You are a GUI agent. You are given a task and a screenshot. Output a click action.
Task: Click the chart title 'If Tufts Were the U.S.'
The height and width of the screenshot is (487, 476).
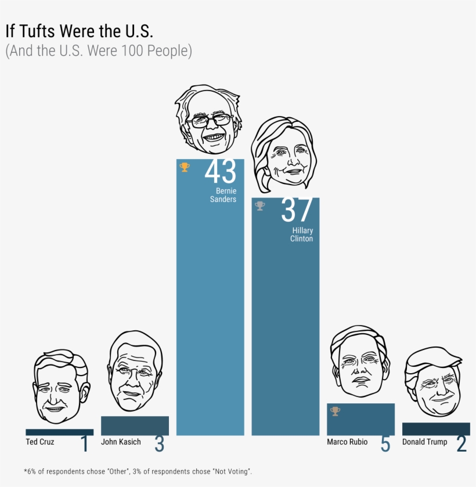(79, 31)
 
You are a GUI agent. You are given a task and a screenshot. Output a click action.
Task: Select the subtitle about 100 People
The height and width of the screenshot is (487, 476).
(98, 51)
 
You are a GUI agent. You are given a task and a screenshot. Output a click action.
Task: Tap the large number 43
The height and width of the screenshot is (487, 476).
(221, 172)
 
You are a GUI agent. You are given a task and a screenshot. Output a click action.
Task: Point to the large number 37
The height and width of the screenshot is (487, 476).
(297, 211)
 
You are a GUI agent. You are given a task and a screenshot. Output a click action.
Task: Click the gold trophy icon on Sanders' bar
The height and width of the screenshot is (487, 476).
(185, 167)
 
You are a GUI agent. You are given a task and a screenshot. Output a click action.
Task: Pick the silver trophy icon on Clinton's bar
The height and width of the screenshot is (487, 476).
(260, 205)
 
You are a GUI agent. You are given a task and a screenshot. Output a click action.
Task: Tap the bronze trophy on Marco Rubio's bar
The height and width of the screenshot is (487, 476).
(335, 411)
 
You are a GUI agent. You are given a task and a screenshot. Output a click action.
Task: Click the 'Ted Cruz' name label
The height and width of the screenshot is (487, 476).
(40, 442)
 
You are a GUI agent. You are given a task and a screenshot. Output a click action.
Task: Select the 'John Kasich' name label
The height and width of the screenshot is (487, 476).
(121, 442)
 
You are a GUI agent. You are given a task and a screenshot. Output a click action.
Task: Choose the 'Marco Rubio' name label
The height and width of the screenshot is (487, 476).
(347, 442)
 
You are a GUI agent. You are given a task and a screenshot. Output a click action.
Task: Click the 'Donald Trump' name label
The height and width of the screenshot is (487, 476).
(424, 442)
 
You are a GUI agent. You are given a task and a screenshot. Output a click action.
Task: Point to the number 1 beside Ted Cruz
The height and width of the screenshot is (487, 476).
(84, 445)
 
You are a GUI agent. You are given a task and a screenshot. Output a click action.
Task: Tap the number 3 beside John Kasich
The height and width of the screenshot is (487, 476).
(159, 445)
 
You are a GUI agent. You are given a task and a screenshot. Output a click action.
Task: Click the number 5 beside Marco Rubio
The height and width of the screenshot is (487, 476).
(385, 445)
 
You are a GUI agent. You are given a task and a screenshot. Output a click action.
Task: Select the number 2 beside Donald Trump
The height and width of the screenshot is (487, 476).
(461, 445)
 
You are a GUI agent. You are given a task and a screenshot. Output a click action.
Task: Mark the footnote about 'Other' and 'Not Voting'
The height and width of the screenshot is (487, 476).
(138, 471)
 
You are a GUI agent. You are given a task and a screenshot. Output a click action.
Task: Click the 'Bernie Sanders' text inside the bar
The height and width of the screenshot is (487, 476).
(223, 195)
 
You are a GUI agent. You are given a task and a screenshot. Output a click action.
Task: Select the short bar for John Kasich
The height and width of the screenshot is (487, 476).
(135, 425)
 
